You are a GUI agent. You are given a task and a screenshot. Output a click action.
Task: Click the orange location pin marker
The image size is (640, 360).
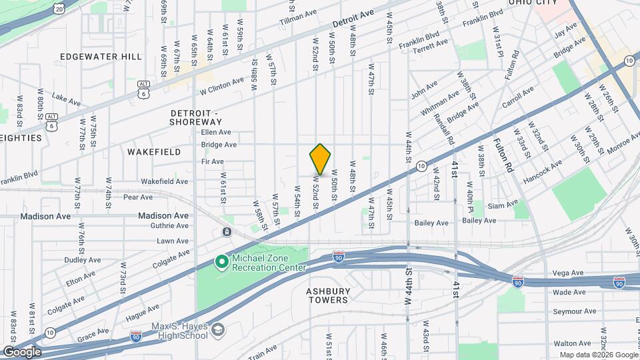click(320, 159)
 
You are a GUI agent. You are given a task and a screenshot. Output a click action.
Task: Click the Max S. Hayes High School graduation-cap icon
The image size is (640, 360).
click(218, 330)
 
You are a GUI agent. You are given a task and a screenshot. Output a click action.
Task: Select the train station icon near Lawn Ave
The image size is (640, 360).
click(227, 231)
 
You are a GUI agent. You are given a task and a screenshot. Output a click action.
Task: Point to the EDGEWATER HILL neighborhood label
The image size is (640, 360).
click(101, 57)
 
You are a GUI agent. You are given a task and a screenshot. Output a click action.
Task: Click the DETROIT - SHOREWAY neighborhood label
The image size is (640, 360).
click(195, 117)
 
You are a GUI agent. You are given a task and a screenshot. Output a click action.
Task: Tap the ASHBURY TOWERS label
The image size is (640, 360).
click(327, 295)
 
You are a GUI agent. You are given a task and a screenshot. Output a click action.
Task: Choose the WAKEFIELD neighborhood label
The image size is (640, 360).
click(154, 152)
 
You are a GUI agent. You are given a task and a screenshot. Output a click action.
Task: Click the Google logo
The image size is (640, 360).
click(21, 351)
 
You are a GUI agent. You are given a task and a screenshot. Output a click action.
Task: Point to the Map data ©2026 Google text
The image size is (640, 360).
click(598, 355)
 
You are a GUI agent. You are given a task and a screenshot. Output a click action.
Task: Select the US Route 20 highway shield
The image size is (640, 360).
click(59, 9)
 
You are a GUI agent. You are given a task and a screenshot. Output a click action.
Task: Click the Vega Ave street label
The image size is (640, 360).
click(569, 273)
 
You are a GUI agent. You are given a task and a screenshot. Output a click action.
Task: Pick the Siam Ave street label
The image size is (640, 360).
click(503, 205)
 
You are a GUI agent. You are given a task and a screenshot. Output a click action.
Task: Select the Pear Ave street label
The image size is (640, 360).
click(138, 197)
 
